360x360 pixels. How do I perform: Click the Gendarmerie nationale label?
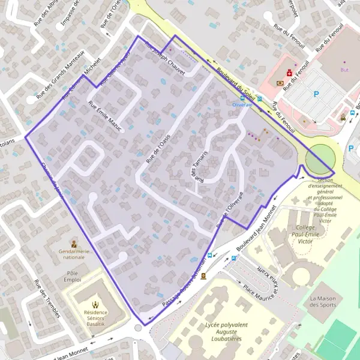pos(74,254)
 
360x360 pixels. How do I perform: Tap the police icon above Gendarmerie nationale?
pos(74,244)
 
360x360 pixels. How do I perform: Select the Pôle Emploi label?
pos(74,277)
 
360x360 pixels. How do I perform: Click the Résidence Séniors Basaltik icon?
pos(95,304)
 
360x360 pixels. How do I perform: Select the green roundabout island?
pos(320,158)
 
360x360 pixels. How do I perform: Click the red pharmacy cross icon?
pos(289,73)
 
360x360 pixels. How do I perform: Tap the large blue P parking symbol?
pos(316,94)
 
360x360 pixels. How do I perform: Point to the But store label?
pos(344,70)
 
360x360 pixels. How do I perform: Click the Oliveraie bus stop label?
pos(243,104)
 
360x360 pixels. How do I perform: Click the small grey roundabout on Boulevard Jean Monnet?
pos(139,328)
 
